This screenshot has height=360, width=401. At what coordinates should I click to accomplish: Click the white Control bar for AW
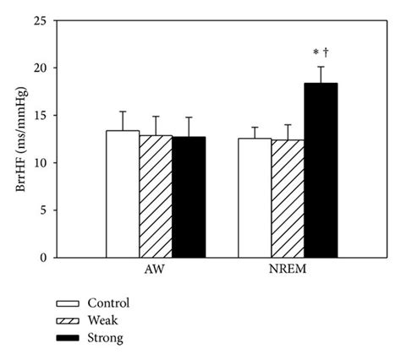click(123, 194)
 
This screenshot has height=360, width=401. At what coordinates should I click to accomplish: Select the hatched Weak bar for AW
click(156, 196)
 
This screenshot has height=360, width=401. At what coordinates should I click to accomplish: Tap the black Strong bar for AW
click(188, 197)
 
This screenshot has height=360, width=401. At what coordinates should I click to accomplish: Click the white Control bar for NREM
click(255, 198)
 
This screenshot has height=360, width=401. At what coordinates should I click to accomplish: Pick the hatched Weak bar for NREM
click(288, 199)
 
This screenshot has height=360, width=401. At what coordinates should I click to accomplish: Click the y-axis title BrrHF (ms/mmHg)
click(19, 139)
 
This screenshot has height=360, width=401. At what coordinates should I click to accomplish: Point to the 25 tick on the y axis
click(39, 21)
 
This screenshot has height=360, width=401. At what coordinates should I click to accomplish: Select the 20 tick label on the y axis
click(39, 68)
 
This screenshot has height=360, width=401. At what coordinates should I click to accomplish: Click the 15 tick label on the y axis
click(39, 116)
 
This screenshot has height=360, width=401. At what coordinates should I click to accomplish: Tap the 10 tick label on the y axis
click(39, 163)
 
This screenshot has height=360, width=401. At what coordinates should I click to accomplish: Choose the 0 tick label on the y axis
click(42, 257)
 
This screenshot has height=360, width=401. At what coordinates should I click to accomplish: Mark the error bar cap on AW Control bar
click(123, 112)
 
